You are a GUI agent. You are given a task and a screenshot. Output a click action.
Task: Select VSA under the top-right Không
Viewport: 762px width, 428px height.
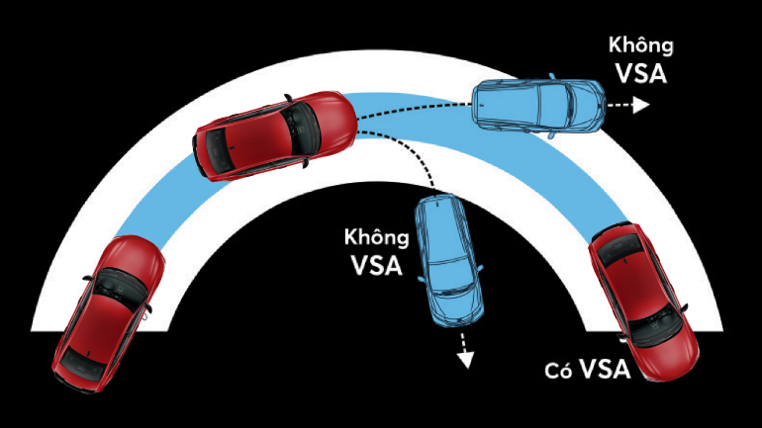pyautogui.click(x=641, y=73)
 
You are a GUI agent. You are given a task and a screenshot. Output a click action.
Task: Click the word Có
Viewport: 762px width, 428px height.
pyautogui.click(x=560, y=372)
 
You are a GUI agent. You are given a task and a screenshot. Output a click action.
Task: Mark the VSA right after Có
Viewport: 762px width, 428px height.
pyautogui.click(x=605, y=370)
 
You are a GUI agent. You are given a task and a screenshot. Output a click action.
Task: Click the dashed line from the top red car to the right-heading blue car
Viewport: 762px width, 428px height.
pyautogui.click(x=416, y=113)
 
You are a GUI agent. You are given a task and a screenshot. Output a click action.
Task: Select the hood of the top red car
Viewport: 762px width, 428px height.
pyautogui.click(x=328, y=118)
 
